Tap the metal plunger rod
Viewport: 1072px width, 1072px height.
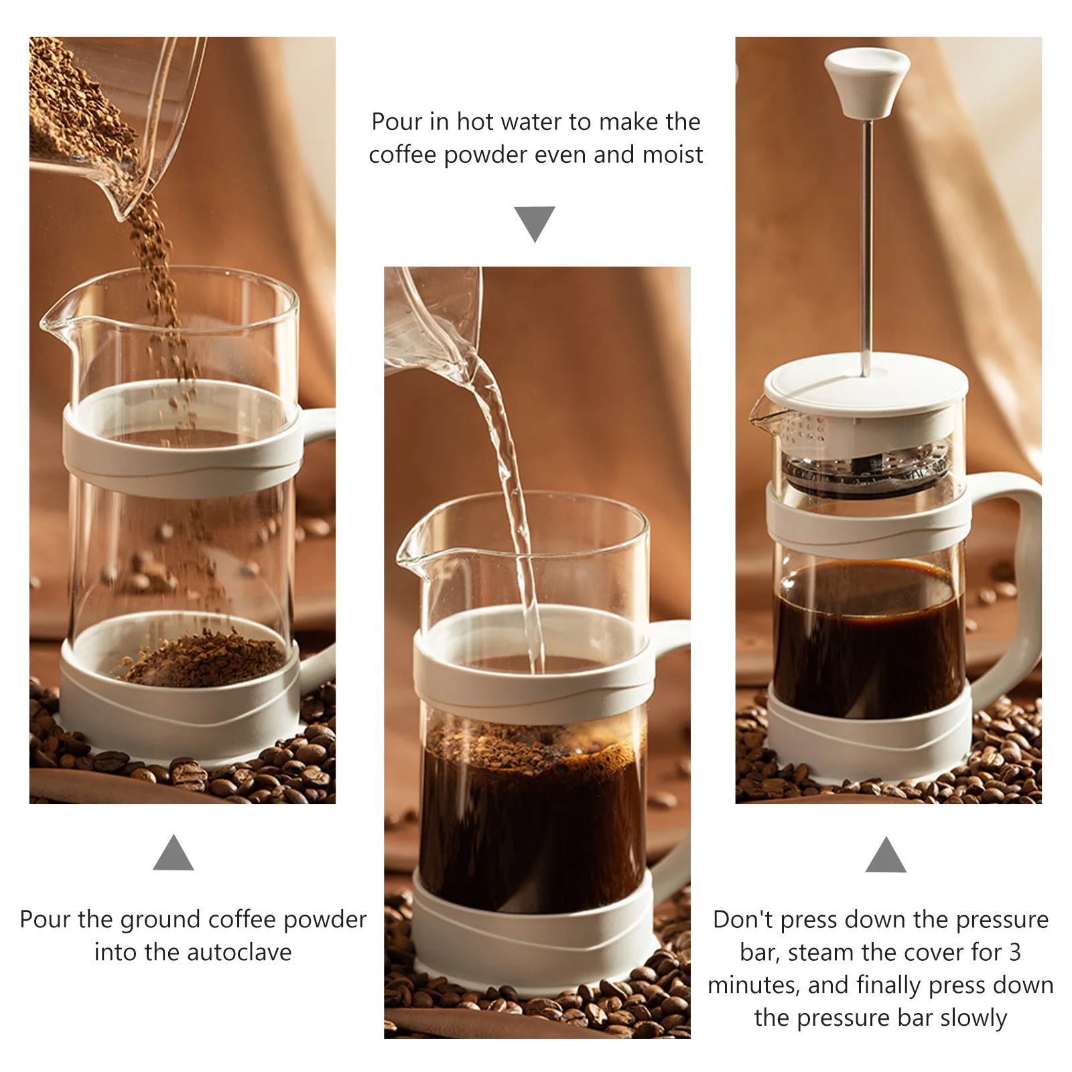coord(866,248)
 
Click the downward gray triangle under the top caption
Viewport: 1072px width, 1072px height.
coord(534,222)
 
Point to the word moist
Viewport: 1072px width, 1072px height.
coord(672,155)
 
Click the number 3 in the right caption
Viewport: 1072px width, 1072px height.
coord(1014,952)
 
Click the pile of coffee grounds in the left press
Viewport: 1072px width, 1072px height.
coord(204,660)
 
